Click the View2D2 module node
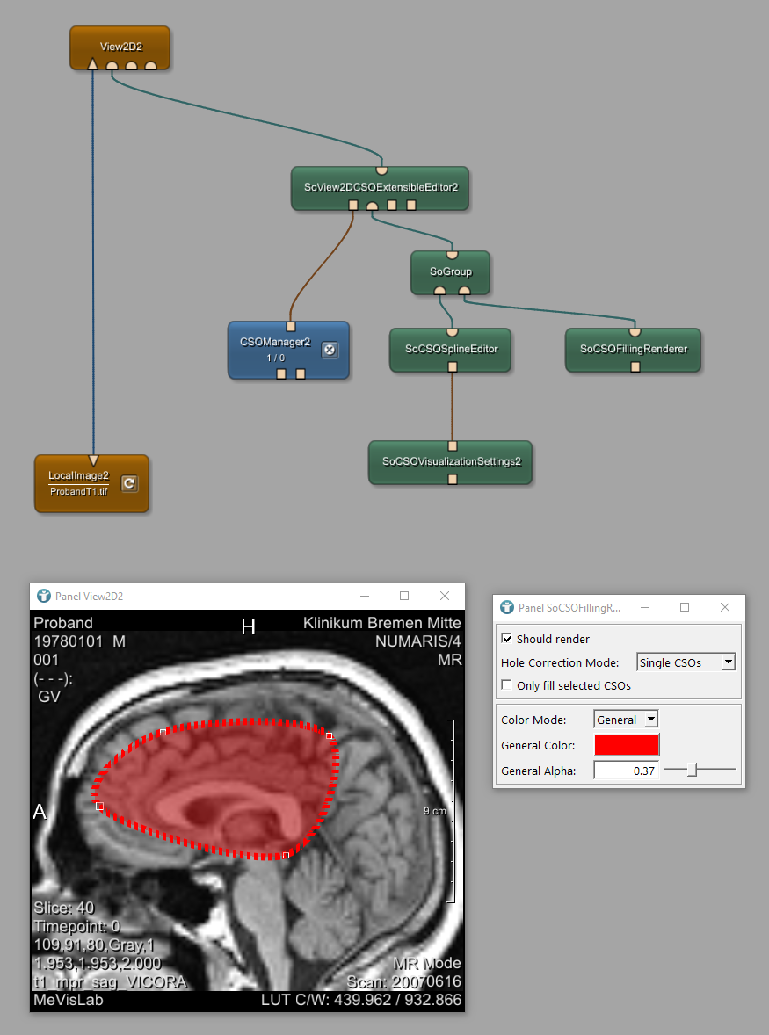tap(120, 47)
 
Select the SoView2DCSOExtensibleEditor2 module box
tap(381, 187)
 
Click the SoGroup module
tap(451, 271)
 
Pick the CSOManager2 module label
tap(275, 343)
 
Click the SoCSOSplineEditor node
tap(451, 349)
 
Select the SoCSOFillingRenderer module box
tap(633, 349)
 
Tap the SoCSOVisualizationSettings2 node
tap(451, 460)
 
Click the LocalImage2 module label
tap(78, 475)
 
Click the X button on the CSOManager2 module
tap(330, 350)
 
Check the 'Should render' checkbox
tap(506, 639)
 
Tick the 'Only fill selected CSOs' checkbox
tap(506, 685)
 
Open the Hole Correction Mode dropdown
tap(686, 662)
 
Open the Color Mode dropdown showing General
tap(626, 720)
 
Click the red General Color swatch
tap(626, 745)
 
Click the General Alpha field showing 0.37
tap(626, 771)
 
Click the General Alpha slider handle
tap(693, 771)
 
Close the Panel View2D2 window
tap(445, 596)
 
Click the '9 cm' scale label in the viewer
tap(434, 811)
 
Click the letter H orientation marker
tap(249, 626)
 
